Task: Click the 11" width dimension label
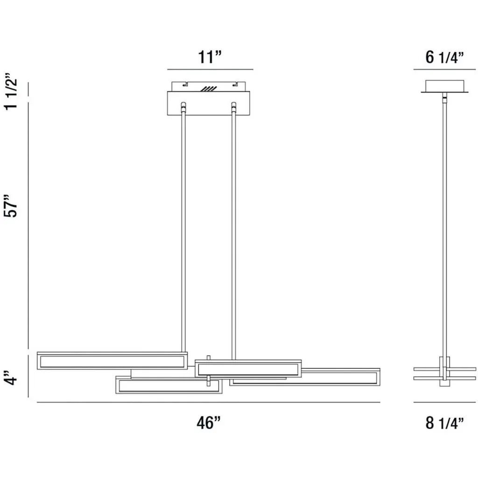pos(210,57)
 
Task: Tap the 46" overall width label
pos(209,422)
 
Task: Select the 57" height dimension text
pos(11,205)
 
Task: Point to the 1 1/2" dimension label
pos(11,91)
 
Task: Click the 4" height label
pos(11,378)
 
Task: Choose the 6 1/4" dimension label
pos(444,57)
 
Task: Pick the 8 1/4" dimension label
pos(444,423)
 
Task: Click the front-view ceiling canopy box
pos(209,103)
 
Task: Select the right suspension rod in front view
pos(234,231)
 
